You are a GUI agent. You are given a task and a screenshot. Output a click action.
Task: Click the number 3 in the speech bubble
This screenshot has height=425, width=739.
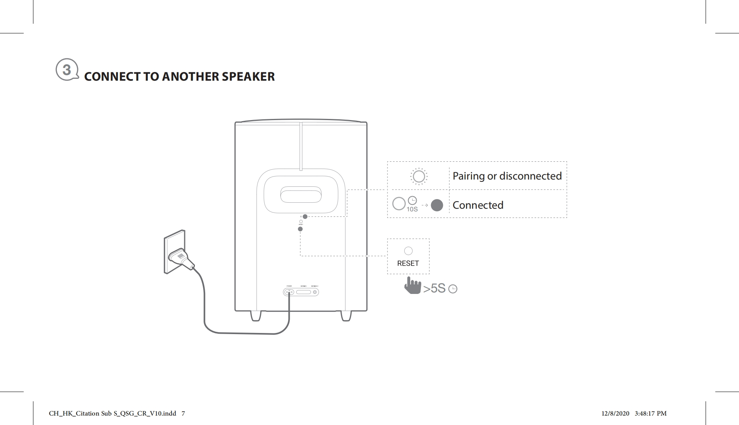[x=67, y=70]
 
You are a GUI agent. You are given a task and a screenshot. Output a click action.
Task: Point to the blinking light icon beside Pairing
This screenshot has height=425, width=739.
[x=419, y=176]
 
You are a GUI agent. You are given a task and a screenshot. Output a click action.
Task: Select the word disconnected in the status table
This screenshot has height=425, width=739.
[x=530, y=176]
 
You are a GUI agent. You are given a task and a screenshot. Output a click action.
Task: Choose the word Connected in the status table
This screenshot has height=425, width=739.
[x=478, y=205]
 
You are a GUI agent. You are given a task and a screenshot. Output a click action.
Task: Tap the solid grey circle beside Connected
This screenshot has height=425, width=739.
[x=437, y=205]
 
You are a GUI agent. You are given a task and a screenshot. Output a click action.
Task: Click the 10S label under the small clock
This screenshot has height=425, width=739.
[x=412, y=209]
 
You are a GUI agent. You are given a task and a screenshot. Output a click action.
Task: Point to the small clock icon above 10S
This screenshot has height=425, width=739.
[x=412, y=200]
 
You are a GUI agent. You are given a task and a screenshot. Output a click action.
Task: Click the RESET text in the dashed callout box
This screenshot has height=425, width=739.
[x=408, y=263]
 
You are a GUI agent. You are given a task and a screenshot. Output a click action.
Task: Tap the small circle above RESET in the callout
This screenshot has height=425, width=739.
[x=408, y=251]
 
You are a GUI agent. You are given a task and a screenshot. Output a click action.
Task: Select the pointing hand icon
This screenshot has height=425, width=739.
[x=413, y=285]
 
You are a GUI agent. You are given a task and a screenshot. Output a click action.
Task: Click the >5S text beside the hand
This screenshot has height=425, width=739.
[x=434, y=289]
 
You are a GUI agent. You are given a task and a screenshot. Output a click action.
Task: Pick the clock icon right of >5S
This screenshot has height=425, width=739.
[x=453, y=289]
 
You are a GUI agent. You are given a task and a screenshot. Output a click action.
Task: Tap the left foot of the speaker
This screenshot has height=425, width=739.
[x=256, y=316]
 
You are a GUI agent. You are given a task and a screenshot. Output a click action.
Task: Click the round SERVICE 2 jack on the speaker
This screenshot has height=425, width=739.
[x=315, y=292]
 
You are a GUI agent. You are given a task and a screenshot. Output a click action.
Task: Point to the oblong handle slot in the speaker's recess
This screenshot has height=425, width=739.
[x=301, y=196]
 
